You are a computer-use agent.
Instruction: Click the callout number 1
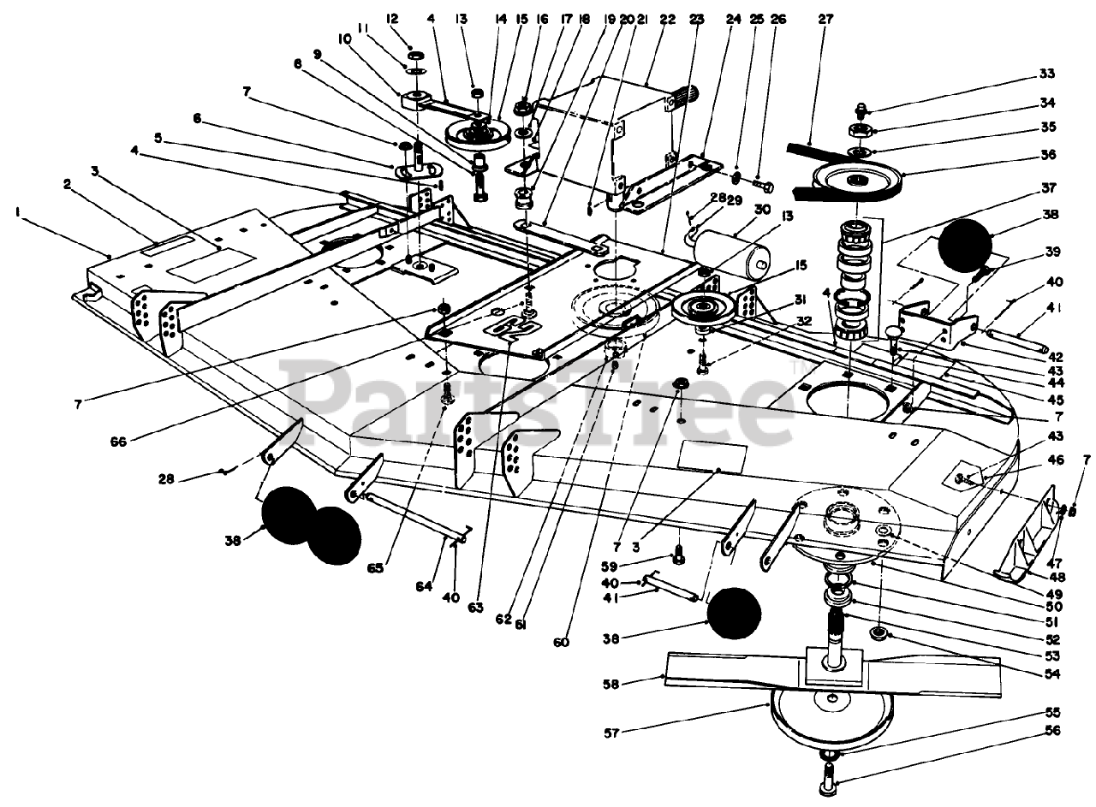[x=18, y=212]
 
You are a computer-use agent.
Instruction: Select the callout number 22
[x=667, y=19]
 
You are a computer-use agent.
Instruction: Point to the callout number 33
[x=1046, y=74]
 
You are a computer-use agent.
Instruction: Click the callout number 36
[x=1047, y=155]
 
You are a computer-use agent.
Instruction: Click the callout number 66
[x=118, y=442]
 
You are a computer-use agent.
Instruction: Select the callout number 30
[x=748, y=209]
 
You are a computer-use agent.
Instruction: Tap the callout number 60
[x=561, y=642]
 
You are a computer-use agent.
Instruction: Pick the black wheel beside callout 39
[x=965, y=246]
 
